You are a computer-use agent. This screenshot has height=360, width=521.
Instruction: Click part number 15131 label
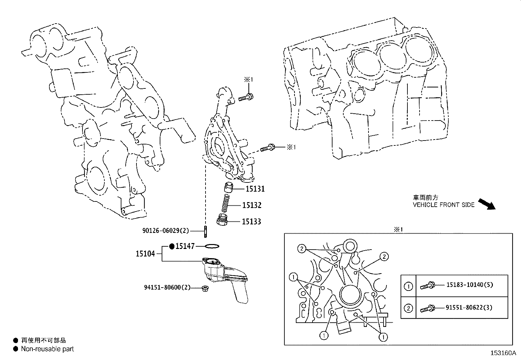tap(255, 189)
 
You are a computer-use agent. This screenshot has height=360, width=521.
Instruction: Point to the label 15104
tap(145, 254)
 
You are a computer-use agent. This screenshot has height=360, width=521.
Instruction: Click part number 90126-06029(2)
tap(166, 231)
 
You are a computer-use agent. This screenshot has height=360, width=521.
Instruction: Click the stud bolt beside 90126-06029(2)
tap(205, 231)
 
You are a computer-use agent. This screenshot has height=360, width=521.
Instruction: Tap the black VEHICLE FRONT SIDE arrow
tap(487, 203)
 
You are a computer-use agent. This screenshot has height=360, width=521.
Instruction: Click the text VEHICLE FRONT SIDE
tap(443, 205)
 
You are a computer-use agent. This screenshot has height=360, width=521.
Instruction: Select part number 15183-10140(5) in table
tap(469, 285)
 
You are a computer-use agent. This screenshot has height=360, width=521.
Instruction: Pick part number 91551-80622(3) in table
tap(469, 308)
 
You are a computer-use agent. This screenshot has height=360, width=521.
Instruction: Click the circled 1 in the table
tap(408, 287)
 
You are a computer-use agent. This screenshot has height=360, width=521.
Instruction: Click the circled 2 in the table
tap(408, 308)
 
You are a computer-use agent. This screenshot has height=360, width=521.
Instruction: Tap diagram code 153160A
tap(503, 353)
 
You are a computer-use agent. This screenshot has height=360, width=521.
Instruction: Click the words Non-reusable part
tap(47, 349)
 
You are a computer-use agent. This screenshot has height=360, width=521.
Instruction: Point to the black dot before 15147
tap(171, 246)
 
